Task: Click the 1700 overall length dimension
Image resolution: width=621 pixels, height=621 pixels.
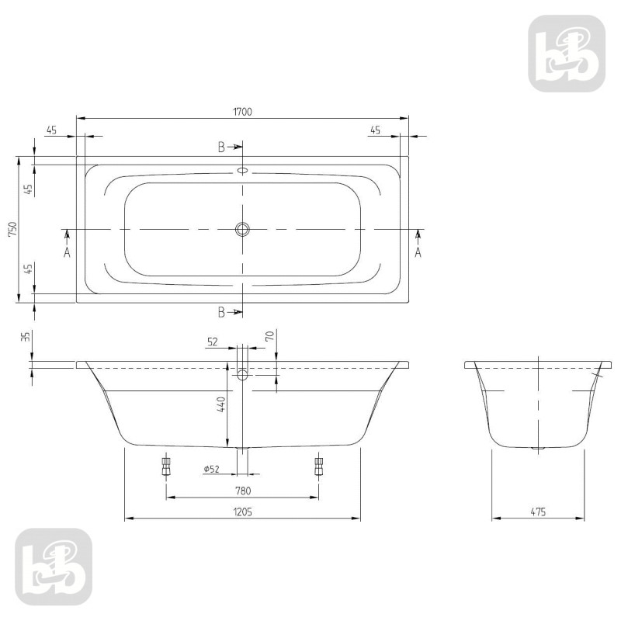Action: click(242, 111)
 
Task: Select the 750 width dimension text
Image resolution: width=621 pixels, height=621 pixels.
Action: click(11, 230)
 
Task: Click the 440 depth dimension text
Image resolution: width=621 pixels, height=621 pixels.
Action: click(220, 404)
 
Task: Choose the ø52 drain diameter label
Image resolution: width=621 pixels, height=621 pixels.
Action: click(211, 469)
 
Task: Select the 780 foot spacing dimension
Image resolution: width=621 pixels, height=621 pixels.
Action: click(242, 490)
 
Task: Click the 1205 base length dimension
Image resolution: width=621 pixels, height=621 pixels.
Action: click(242, 512)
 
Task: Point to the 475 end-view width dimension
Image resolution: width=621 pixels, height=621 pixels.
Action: click(539, 512)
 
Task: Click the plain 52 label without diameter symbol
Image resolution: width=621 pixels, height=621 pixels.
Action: click(213, 340)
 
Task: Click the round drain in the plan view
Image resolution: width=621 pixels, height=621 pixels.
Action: click(243, 229)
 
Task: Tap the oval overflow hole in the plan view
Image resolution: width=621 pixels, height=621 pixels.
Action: click(243, 171)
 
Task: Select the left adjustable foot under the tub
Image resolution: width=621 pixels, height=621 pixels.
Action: click(165, 466)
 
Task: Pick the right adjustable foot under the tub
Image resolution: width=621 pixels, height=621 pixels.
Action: click(318, 466)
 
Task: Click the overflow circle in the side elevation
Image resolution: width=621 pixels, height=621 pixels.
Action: click(243, 376)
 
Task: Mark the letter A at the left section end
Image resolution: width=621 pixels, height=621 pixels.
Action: click(67, 252)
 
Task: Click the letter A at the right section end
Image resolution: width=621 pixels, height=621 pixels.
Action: click(418, 252)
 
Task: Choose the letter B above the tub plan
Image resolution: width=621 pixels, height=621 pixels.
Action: click(221, 146)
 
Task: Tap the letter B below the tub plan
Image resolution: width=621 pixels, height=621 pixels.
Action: click(221, 312)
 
